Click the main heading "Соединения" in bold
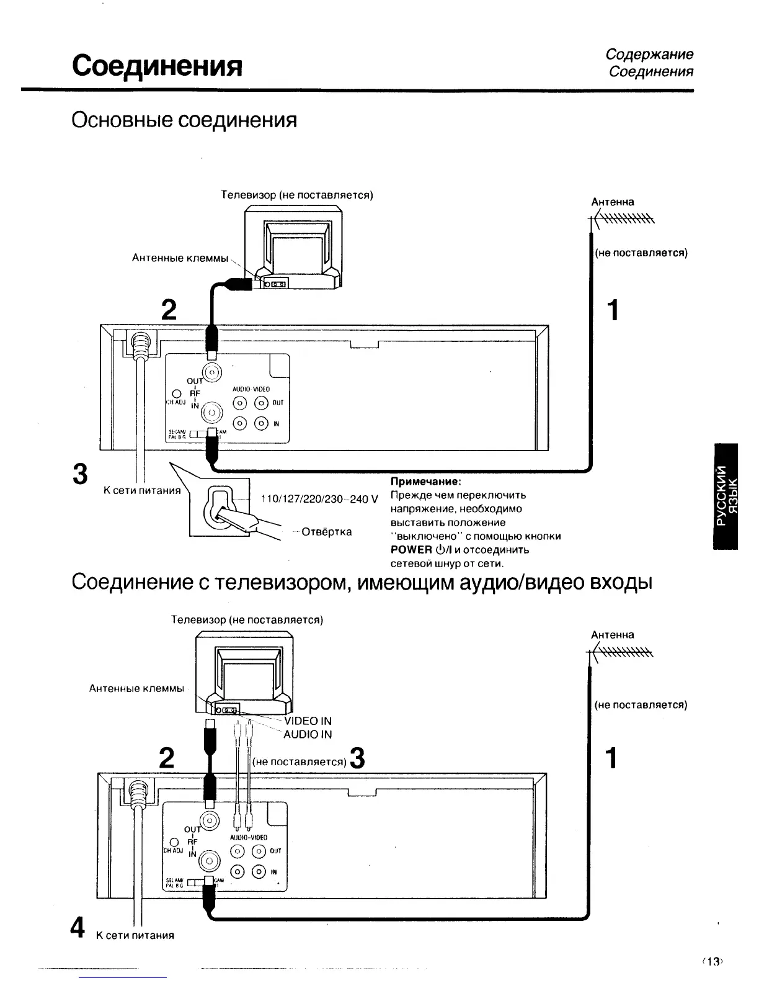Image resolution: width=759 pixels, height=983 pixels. [156, 65]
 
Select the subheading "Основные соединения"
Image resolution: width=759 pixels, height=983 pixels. [184, 119]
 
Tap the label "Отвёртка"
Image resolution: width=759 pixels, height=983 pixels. [326, 532]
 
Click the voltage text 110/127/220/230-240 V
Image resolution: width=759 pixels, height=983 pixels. [319, 500]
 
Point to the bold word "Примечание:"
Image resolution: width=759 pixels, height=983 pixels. [425, 482]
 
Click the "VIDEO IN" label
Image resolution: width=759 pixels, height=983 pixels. [308, 720]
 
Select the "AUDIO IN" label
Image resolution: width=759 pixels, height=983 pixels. [308, 734]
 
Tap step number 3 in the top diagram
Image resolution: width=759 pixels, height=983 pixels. [79, 474]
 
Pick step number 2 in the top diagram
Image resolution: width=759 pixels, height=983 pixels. [168, 310]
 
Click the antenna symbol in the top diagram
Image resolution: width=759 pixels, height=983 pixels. [622, 219]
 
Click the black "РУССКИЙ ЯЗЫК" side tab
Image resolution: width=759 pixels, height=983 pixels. [726, 496]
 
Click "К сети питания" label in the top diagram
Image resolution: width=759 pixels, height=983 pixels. [142, 491]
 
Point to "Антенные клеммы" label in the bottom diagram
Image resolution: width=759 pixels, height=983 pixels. [137, 689]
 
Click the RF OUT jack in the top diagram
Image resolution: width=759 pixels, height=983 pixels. [212, 372]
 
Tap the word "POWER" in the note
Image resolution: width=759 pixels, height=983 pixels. [411, 550]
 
